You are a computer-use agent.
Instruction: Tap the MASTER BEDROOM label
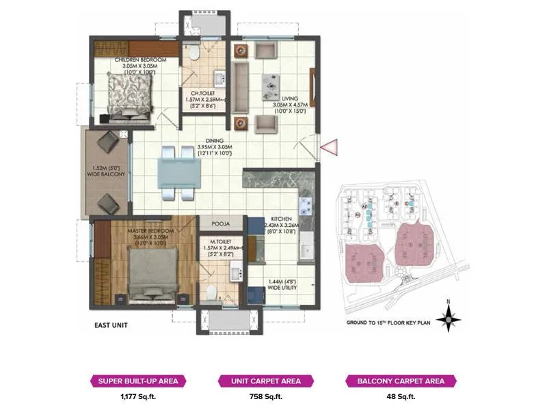point(151,232)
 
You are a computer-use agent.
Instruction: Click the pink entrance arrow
point(330,146)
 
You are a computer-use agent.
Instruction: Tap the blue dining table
point(178,172)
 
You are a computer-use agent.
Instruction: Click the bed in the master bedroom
point(154,273)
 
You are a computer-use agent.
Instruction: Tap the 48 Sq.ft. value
point(395,396)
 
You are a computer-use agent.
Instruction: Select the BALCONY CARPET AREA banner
point(395,381)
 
